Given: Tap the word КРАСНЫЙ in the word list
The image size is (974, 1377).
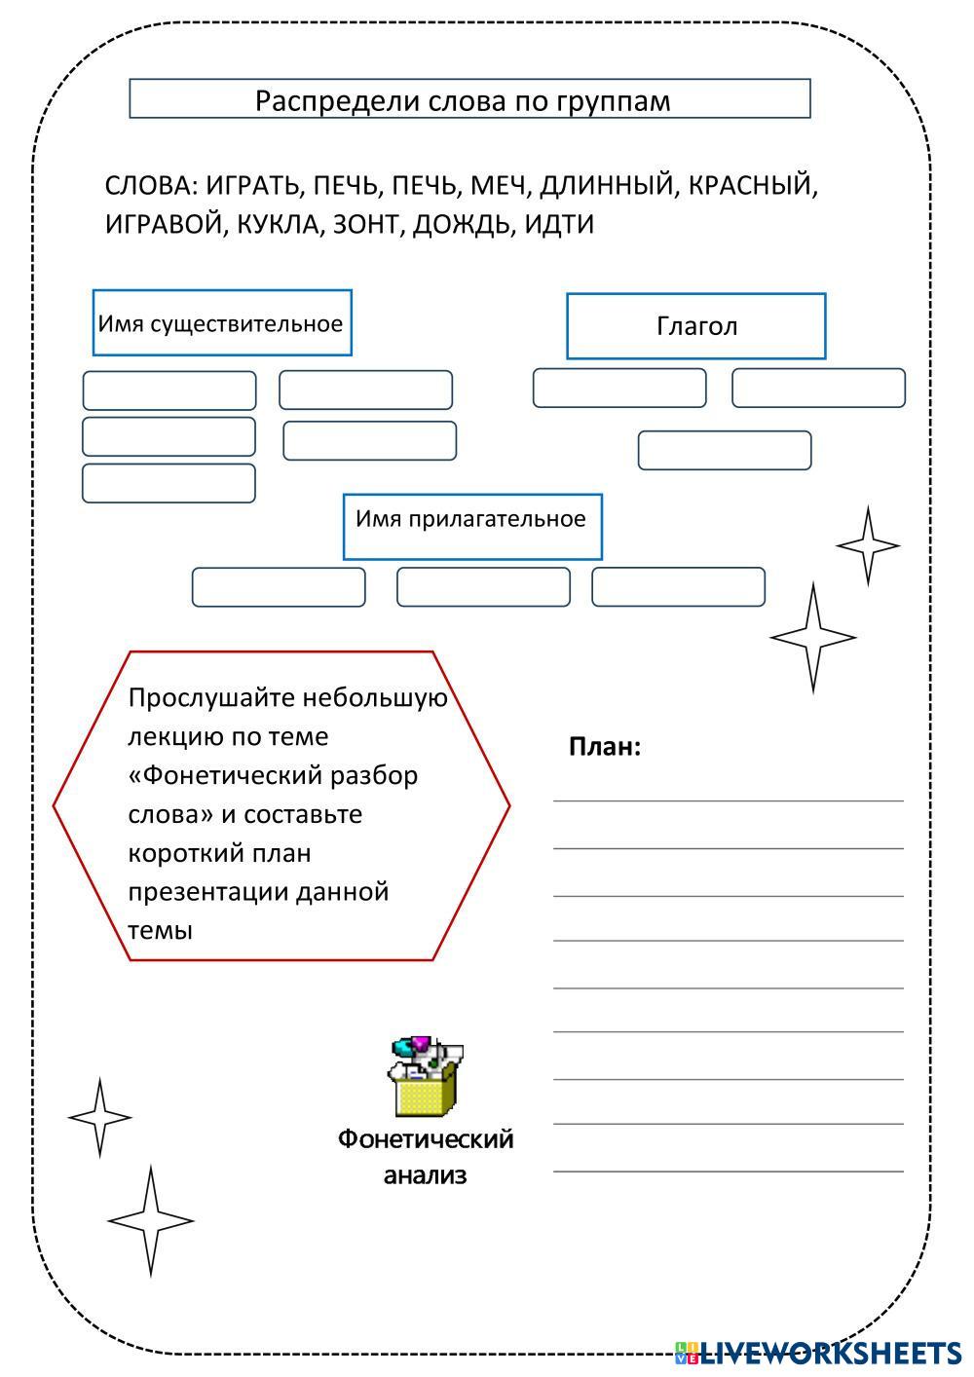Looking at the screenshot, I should click(x=751, y=185).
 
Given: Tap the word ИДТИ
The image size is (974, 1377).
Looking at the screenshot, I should click(x=559, y=224).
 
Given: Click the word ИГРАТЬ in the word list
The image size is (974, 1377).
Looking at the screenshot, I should click(x=255, y=185).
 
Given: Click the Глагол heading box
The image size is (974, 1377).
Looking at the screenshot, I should click(x=696, y=326).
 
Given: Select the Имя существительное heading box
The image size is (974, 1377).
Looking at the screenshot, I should click(x=221, y=323).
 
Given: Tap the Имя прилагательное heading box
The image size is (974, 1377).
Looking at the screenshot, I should click(x=471, y=526).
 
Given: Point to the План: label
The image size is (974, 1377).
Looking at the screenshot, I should click(x=605, y=747).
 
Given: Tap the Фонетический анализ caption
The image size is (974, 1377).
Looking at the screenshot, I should click(x=426, y=1156).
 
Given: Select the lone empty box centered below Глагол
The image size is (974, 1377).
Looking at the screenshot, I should click(x=725, y=450).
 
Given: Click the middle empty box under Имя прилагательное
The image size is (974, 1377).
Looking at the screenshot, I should click(x=483, y=586).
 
